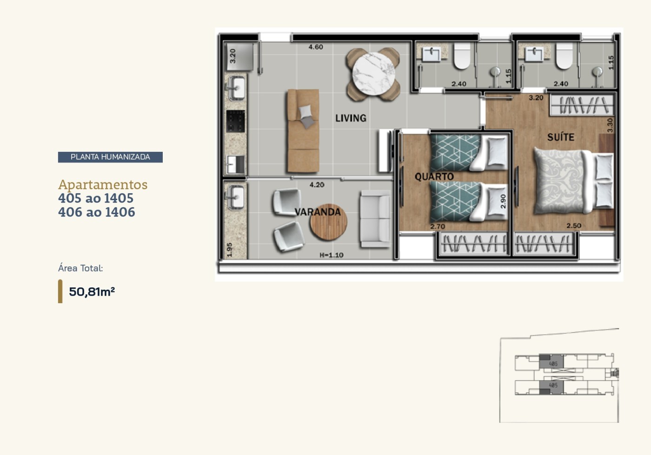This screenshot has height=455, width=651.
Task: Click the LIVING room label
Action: click(351, 118)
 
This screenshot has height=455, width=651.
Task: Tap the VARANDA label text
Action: click(318, 212)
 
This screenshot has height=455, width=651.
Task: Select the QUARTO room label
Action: click(434, 177)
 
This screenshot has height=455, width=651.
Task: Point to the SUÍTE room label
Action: click(560, 137)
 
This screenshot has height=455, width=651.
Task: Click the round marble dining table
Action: click(373, 74)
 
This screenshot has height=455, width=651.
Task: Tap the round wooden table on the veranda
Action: click(328, 222)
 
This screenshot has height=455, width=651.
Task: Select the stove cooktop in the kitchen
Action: click(235, 121)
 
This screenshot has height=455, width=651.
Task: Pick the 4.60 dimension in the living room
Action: click(316, 47)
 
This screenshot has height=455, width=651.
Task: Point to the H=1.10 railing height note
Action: click(331, 255)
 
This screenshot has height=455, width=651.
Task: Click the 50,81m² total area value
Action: click(92, 292)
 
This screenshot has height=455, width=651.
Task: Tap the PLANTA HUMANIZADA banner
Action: click(110, 157)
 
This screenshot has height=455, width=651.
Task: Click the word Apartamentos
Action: click(103, 184)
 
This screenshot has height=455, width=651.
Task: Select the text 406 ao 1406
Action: click(97, 212)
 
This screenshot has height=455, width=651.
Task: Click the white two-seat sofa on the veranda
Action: click(375, 219)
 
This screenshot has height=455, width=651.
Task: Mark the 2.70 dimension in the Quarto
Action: click(438, 227)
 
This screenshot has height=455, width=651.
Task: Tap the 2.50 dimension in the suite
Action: click(573, 226)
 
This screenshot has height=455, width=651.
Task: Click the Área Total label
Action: click(80, 268)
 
